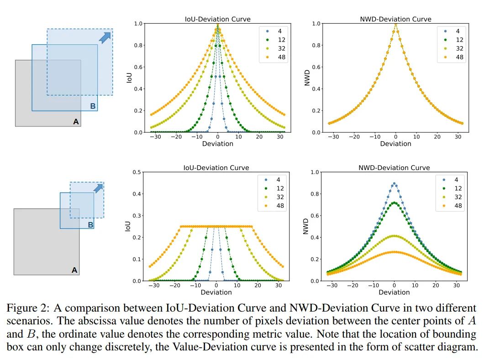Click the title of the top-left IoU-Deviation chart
coord(217,19)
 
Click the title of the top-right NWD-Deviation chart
coord(395,19)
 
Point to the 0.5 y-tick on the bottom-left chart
coord(137,172)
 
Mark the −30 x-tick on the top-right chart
coord(335,137)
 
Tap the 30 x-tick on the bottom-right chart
coord(456,285)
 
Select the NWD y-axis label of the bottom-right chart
coord(306,227)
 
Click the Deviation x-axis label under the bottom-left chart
coord(216,292)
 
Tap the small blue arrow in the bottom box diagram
coord(97,188)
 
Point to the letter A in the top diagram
coord(76,122)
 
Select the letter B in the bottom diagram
coord(90,225)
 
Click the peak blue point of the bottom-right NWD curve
coord(394,184)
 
